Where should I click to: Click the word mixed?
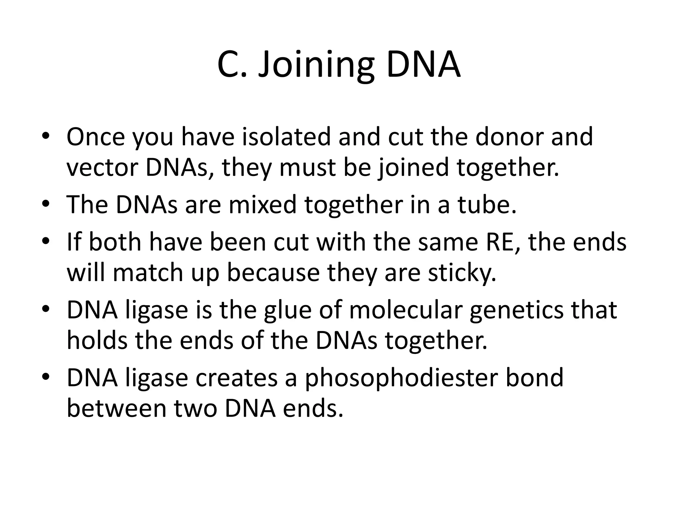click(262, 205)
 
